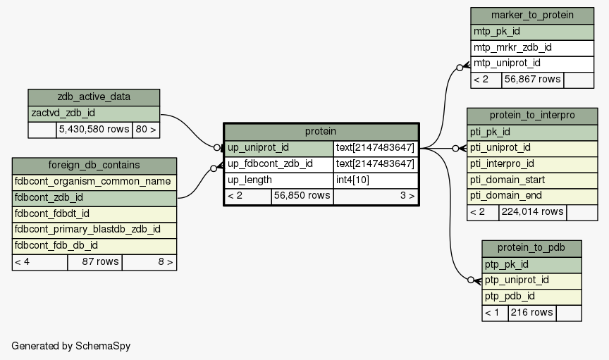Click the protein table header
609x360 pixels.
(x=321, y=132)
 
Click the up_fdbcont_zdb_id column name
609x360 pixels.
(x=271, y=164)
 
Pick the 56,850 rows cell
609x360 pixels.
(x=302, y=196)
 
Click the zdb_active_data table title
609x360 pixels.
(x=94, y=97)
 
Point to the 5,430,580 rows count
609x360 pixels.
(x=94, y=130)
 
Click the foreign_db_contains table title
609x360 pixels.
(x=94, y=166)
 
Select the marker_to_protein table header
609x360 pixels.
(x=532, y=15)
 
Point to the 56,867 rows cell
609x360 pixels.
(x=532, y=80)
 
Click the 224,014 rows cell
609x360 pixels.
(x=532, y=212)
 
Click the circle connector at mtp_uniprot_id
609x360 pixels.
(x=460, y=68)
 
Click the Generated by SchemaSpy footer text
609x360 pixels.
(x=71, y=346)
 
